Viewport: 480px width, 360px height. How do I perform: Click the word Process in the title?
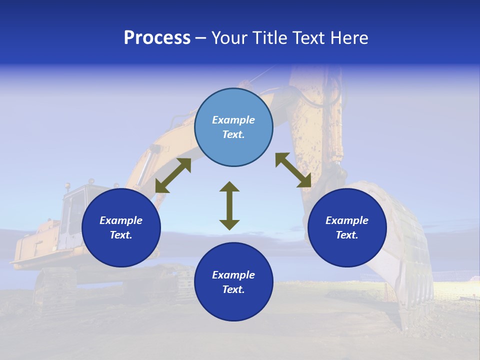[157, 38]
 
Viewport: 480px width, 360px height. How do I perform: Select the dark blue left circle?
[121, 250]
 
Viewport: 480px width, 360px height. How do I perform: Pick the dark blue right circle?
[347, 250]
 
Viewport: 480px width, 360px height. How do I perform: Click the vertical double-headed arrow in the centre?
[229, 205]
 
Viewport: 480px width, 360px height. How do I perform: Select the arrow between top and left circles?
[173, 175]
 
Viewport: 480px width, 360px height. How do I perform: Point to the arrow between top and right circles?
[293, 170]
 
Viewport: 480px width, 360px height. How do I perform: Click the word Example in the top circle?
[233, 120]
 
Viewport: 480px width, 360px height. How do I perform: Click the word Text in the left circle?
[121, 235]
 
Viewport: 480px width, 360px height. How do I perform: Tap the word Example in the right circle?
[347, 220]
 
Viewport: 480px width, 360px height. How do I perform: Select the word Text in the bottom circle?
[233, 289]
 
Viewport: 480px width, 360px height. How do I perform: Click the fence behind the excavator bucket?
[455, 275]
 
